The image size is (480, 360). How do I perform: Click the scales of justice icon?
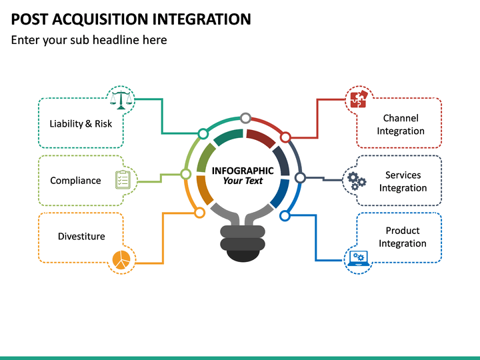click(121, 99)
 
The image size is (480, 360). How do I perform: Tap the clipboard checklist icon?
click(123, 180)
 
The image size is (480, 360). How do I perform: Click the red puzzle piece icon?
click(359, 99)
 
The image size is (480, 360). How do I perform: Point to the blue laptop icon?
click(359, 258)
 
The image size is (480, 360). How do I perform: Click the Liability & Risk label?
click(81, 123)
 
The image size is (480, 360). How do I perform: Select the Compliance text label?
click(75, 181)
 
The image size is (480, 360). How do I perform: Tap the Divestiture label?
click(81, 237)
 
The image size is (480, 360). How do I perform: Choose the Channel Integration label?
click(401, 125)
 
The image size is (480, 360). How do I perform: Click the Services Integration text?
click(403, 181)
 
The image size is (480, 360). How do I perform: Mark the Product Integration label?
click(403, 237)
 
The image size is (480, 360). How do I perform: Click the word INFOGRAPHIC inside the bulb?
click(243, 171)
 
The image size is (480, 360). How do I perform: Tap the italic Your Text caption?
click(243, 181)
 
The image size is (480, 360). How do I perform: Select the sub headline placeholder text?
click(89, 40)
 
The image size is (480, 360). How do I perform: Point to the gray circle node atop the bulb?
click(245, 119)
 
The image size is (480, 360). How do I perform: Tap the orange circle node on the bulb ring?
click(199, 213)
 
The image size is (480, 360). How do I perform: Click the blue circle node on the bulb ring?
click(285, 215)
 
